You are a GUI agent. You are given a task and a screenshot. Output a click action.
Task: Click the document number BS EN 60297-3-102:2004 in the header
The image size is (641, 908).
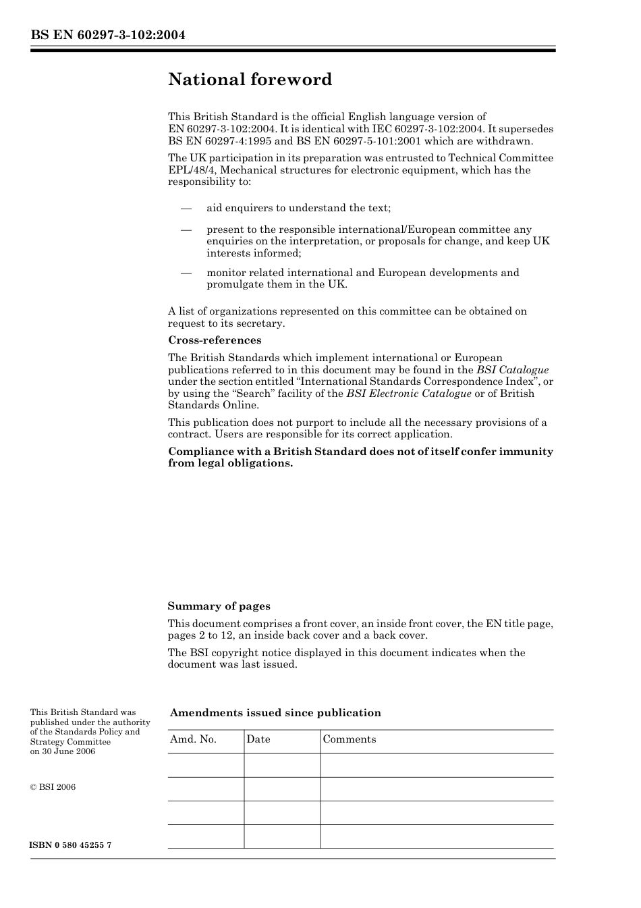tap(107, 35)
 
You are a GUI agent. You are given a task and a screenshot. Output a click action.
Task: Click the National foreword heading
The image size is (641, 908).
tap(250, 80)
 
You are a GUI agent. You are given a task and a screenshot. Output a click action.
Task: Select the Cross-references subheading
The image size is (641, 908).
tap(215, 340)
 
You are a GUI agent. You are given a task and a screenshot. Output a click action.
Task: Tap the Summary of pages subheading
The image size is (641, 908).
tap(219, 606)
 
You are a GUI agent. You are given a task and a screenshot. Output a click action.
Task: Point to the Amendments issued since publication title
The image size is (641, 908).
tap(275, 713)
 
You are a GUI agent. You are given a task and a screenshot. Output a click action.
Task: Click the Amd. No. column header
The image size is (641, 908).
tap(193, 739)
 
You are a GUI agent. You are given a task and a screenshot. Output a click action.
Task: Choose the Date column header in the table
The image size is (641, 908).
tap(258, 739)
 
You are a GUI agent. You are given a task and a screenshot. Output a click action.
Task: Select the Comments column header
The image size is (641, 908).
tap(350, 739)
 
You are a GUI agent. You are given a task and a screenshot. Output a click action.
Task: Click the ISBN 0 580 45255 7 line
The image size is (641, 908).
tap(71, 845)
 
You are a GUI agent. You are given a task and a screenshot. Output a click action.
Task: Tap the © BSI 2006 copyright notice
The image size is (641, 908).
tap(53, 787)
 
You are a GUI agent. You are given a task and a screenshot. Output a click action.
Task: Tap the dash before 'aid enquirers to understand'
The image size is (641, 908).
tap(187, 209)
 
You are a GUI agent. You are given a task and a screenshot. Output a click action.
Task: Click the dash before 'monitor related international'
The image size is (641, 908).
tap(187, 273)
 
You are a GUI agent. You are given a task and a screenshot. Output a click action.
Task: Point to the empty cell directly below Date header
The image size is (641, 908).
tap(282, 766)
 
